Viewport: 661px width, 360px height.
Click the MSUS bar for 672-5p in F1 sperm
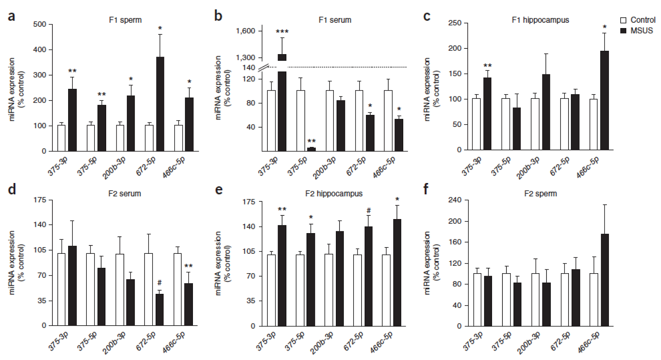click(x=160, y=104)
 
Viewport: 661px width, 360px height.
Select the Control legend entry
click(x=638, y=20)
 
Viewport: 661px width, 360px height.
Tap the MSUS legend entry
click(x=637, y=31)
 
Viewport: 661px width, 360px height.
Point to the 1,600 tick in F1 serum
click(x=246, y=31)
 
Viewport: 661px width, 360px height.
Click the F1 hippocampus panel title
click(x=540, y=20)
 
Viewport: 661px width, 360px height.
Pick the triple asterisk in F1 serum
click(x=282, y=32)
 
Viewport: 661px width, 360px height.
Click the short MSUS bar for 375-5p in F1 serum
click(x=311, y=149)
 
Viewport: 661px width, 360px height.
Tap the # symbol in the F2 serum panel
click(x=159, y=283)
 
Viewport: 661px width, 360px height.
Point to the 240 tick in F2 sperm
click(x=454, y=200)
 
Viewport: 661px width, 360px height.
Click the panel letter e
click(x=219, y=190)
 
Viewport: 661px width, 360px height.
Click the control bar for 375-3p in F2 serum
click(x=62, y=289)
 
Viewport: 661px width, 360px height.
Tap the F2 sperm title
click(x=540, y=193)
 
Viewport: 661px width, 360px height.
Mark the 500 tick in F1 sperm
click(x=40, y=24)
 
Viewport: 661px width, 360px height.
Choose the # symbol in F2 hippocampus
click(x=369, y=211)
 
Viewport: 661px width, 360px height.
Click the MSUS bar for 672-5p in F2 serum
click(x=159, y=310)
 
